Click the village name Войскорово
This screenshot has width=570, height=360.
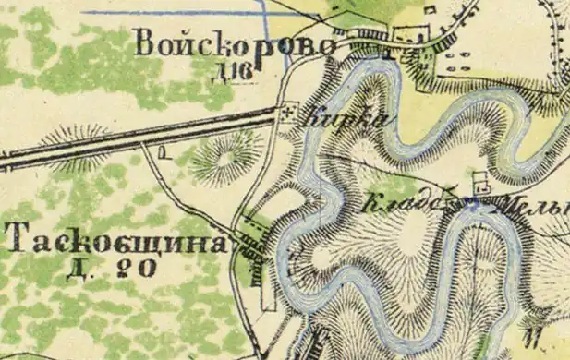[232, 43]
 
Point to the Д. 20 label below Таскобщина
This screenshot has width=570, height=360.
[115, 268]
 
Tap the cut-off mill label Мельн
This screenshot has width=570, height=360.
[531, 207]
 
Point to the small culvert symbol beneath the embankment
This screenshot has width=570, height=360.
[163, 151]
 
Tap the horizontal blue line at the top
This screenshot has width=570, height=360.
[176, 13]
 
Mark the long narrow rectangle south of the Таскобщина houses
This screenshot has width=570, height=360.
[267, 290]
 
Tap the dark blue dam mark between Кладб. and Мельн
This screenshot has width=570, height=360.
[473, 201]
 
